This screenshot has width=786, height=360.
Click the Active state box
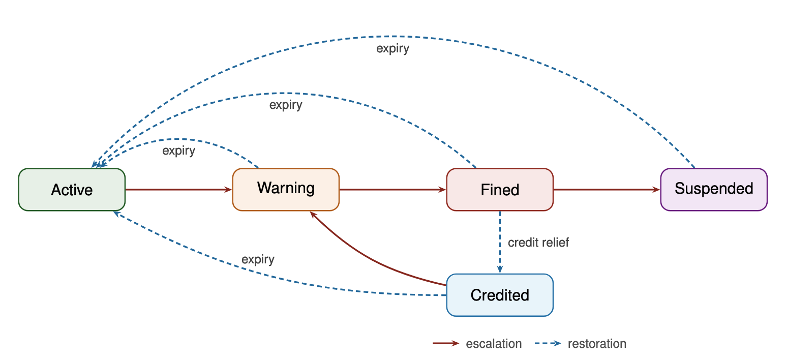72,190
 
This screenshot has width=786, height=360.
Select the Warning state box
286,189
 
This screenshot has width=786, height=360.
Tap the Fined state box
500,190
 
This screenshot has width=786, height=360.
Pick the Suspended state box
714,189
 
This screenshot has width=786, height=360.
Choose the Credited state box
500,295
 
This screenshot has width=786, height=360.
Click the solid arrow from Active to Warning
178,190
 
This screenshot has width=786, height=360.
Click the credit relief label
538,243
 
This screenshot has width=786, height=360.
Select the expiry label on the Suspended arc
392,49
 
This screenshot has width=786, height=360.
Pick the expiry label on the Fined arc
286,105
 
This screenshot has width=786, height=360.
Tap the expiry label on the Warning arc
178,151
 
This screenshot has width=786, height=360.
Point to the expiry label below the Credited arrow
258,259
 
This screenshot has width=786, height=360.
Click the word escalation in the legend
494,344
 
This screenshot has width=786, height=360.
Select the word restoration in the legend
597,344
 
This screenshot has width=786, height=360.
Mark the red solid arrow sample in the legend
446,344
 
